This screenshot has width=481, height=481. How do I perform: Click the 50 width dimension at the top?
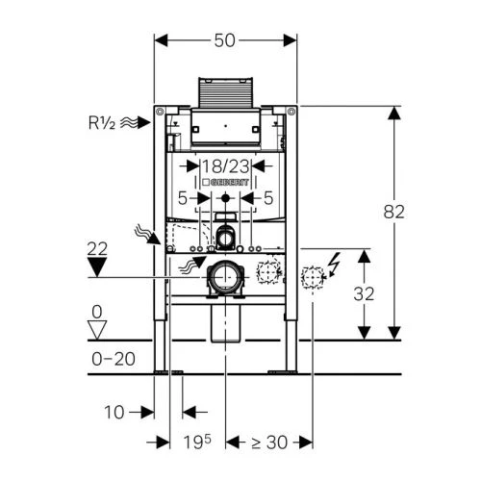click(224, 40)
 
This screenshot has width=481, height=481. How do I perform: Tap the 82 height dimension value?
click(394, 212)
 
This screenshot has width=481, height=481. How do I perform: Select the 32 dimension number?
click(364, 293)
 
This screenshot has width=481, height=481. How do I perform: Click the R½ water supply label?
click(102, 122)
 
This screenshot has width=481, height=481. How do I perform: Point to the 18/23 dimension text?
click(225, 166)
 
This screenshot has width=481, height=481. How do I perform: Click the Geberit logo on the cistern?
click(225, 182)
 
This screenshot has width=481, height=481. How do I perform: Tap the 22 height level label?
click(97, 249)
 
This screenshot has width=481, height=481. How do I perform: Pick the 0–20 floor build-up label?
click(114, 359)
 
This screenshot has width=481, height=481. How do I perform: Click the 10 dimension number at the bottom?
click(114, 412)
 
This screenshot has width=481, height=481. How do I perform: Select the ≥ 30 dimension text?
click(269, 443)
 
